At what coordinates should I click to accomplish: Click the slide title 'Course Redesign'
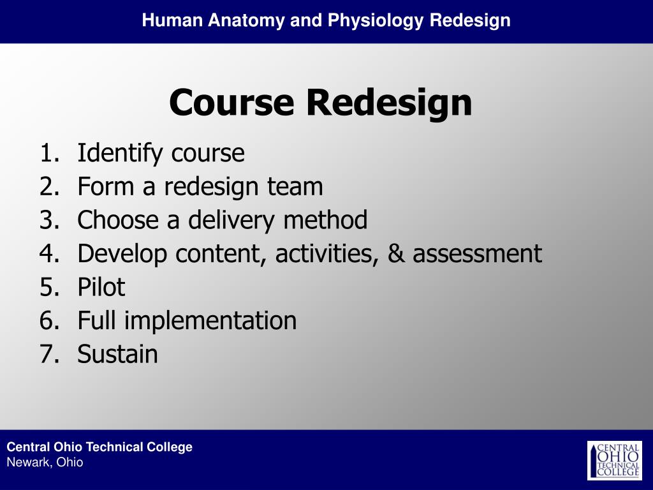321,102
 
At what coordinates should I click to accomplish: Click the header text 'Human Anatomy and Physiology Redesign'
326,20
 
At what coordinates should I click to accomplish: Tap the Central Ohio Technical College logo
614,460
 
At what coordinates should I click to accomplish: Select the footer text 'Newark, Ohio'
45,463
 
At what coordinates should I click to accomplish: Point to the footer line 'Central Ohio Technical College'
99,447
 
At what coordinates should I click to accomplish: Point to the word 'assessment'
477,254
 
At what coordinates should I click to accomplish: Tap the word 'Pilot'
101,287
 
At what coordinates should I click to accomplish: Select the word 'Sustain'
117,354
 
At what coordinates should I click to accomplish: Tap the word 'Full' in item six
98,320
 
